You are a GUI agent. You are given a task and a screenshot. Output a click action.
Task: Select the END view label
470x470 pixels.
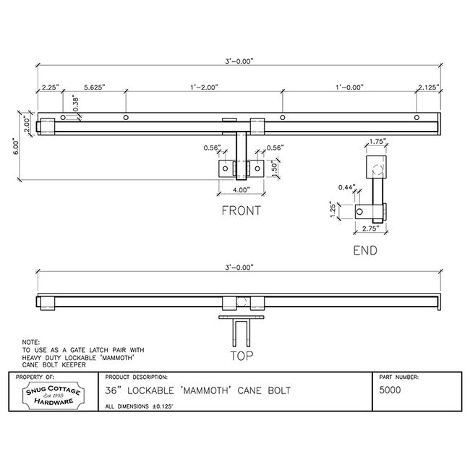(x=365, y=251)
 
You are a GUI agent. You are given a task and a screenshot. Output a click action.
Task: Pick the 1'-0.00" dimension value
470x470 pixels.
(x=349, y=87)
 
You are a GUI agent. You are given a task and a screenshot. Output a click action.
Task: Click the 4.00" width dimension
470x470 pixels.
(x=239, y=190)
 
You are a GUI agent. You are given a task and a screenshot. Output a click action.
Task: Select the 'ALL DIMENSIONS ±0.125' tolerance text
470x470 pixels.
(x=140, y=406)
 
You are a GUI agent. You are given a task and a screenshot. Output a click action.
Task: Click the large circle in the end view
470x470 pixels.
(x=377, y=169)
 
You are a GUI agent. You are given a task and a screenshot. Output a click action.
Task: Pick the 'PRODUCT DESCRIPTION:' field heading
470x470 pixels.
(x=137, y=377)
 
